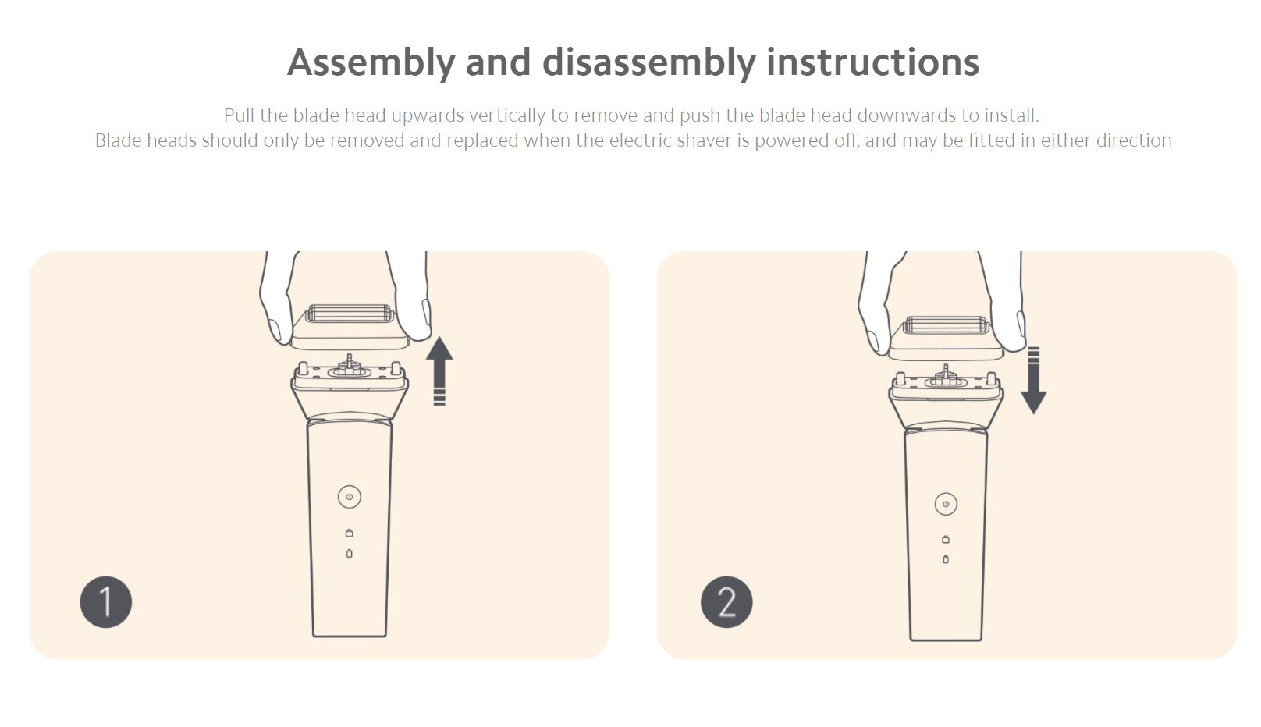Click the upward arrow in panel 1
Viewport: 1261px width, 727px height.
point(439,371)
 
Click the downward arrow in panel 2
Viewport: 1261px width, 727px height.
point(1034,381)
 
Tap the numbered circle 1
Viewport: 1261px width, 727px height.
point(106,602)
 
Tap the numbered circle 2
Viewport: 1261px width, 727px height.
point(726,602)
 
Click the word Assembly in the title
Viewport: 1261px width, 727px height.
point(371,63)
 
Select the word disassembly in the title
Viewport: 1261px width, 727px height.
point(649,63)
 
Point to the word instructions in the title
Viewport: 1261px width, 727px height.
point(873,62)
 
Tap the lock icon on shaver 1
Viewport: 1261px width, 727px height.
point(349,532)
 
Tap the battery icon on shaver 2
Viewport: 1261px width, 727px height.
point(946,559)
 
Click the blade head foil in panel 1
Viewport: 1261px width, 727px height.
point(349,314)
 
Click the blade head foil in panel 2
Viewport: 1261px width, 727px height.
point(947,325)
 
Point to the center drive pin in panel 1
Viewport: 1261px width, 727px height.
point(349,360)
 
